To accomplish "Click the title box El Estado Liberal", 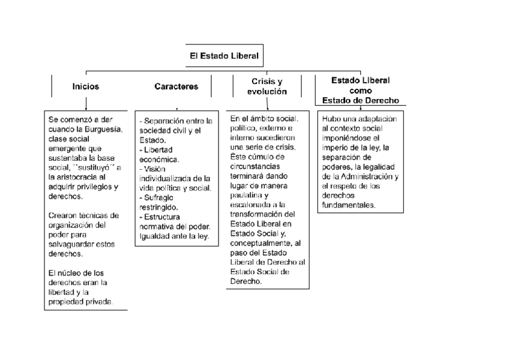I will point(224,56).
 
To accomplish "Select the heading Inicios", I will point(86,86).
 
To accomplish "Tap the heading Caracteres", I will point(176,86).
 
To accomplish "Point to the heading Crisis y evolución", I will point(267,86).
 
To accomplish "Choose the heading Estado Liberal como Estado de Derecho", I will point(361,90).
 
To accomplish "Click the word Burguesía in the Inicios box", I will point(102,129).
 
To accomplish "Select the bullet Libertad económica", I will point(159,155).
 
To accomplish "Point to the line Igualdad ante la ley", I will point(173,236).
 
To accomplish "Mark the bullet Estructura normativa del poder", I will point(175,221).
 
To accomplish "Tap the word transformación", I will point(264,214).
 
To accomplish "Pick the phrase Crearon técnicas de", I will point(83,215).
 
